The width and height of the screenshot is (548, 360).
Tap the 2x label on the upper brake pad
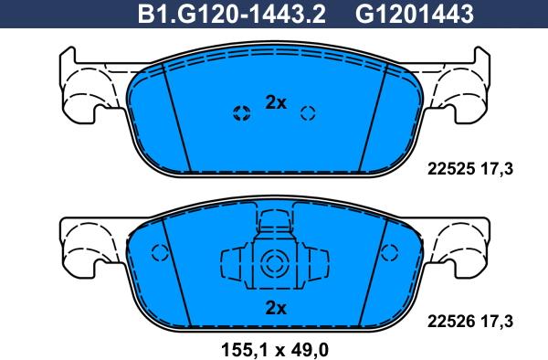pyautogui.click(x=275, y=103)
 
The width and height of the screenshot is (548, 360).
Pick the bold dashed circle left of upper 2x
pyautogui.click(x=242, y=113)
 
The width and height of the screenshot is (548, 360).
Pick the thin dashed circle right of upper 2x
pyautogui.click(x=308, y=113)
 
